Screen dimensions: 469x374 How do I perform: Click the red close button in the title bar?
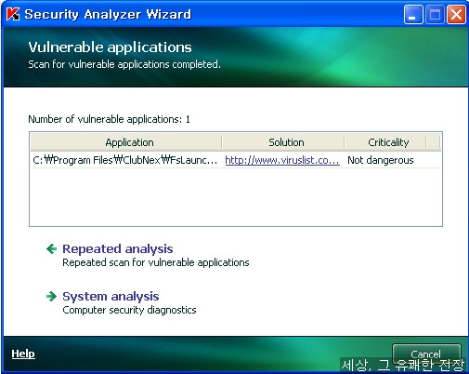(456, 15)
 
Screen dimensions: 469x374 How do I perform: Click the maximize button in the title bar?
(435, 15)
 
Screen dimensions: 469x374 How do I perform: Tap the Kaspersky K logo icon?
(13, 14)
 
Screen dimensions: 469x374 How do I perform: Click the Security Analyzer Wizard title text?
(108, 14)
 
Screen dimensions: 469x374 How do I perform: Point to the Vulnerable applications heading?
(110, 47)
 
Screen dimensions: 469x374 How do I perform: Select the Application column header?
(129, 142)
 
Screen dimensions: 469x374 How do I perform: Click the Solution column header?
(286, 142)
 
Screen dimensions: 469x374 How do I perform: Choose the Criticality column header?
(388, 142)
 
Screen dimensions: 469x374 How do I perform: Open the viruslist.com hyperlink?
(282, 160)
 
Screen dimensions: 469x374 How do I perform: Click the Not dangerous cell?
(381, 160)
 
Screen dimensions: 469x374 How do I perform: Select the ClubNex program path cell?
(125, 160)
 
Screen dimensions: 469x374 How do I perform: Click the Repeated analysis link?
(118, 248)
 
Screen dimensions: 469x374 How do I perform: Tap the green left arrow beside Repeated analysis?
(51, 248)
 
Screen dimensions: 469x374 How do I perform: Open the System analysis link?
(111, 296)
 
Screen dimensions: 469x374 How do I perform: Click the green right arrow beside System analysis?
(51, 296)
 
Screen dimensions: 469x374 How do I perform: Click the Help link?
(23, 354)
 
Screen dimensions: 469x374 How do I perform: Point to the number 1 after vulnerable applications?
(188, 119)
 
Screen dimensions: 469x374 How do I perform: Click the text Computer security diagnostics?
(129, 310)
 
